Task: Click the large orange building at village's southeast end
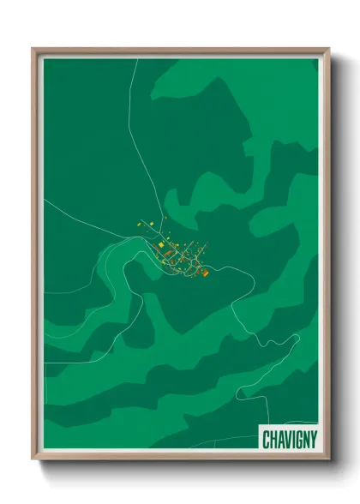(x=205, y=273)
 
